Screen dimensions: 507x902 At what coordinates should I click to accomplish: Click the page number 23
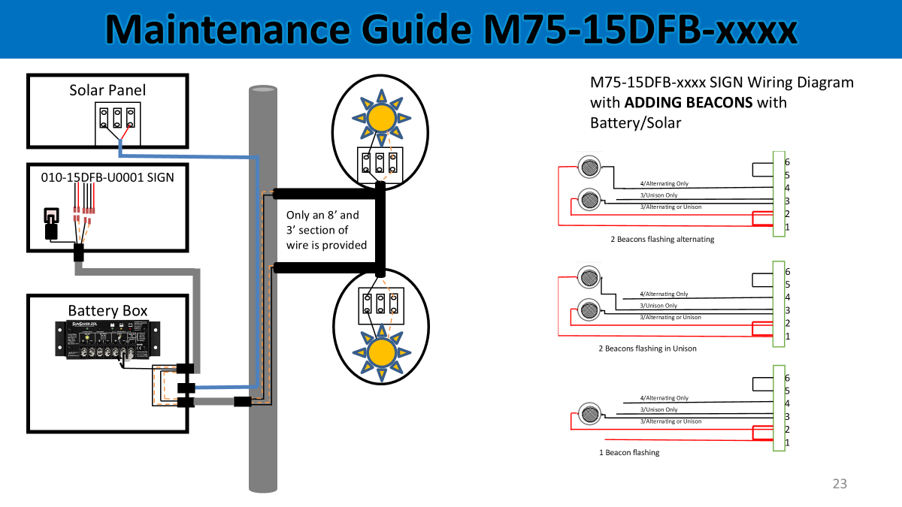840,484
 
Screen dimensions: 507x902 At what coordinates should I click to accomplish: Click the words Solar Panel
107,90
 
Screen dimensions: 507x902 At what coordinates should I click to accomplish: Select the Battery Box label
107,310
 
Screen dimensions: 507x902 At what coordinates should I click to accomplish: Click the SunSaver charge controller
108,340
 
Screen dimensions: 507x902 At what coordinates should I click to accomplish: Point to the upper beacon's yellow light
381,118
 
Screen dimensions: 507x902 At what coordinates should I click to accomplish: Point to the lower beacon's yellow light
381,352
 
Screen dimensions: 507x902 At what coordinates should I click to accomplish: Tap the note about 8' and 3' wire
325,230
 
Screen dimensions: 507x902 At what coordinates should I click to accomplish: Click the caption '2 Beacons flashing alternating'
662,240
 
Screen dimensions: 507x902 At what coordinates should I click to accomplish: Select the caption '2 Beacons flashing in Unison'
647,349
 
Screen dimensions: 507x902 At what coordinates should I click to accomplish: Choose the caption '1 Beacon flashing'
629,452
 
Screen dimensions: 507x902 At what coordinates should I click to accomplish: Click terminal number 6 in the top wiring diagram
787,162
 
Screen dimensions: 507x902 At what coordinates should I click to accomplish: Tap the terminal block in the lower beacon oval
381,303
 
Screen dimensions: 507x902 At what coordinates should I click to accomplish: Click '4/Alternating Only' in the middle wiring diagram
664,294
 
